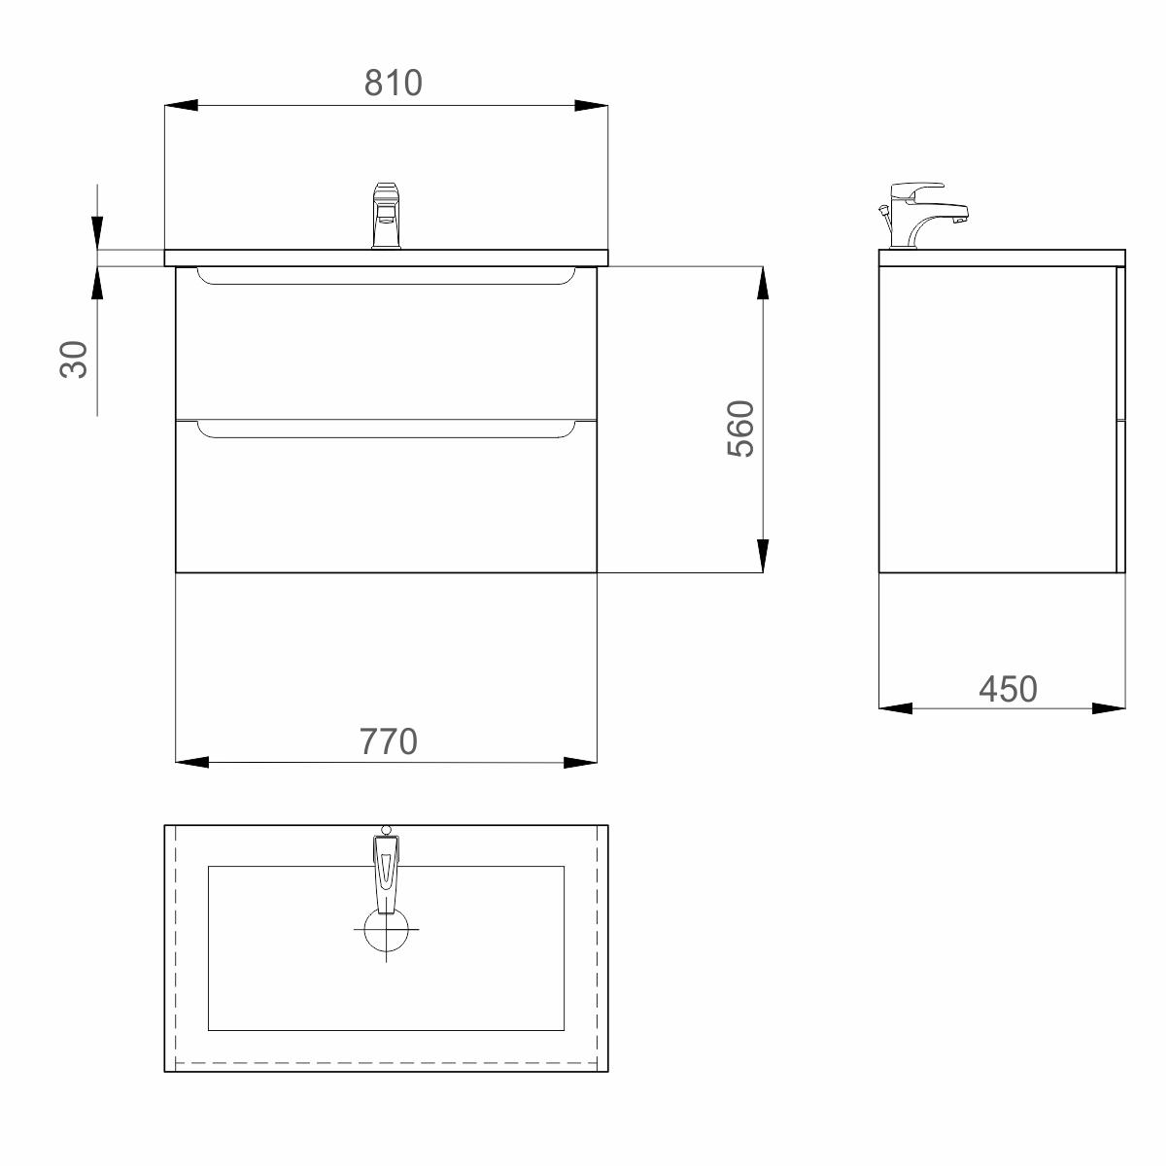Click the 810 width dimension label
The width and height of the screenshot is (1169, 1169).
coord(394,83)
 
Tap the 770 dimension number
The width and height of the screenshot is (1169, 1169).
coord(389,741)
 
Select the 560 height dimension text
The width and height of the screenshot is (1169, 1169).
coord(740,429)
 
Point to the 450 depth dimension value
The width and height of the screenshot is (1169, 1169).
coord(1008,690)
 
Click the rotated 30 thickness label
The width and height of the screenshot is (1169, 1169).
coord(74,360)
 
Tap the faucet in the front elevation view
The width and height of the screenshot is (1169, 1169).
coord(387,216)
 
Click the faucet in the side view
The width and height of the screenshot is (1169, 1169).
coord(923,216)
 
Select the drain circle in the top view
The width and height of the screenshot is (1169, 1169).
coord(387,929)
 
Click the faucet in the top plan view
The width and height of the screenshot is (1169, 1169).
coord(387,870)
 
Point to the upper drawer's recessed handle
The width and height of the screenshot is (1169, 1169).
coord(386,277)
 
